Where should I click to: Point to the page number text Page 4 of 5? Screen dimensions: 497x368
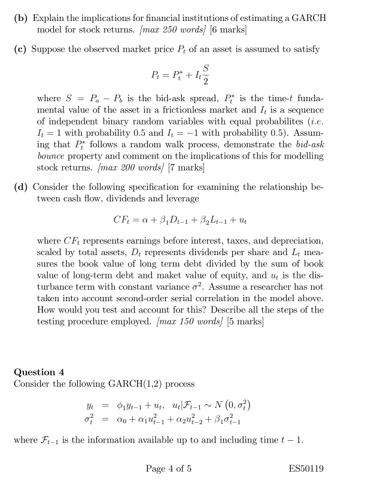(x=168, y=469)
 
